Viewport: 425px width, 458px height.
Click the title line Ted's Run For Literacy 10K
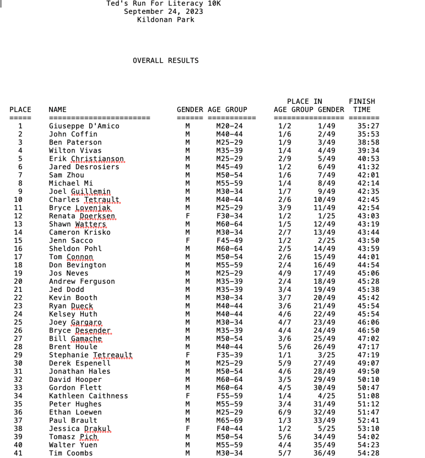pos(163,4)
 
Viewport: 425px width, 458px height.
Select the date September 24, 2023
pos(163,12)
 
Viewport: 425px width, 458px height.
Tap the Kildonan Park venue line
pos(166,20)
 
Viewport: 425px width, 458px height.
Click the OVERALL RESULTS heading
pos(166,60)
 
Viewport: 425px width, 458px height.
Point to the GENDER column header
pos(190,109)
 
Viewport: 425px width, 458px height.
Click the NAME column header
pos(57,109)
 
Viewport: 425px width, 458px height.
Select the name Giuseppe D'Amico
pos(84,126)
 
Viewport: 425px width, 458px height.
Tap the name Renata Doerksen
pos(82,216)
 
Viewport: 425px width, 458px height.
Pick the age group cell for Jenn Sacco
pos(229,240)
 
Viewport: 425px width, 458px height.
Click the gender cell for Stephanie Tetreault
pos(188,355)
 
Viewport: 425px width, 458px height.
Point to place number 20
pos(18,281)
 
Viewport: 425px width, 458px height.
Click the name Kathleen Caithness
pos(89,396)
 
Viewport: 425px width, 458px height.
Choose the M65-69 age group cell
pos(229,420)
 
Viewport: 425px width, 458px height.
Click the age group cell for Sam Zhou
pos(229,175)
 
